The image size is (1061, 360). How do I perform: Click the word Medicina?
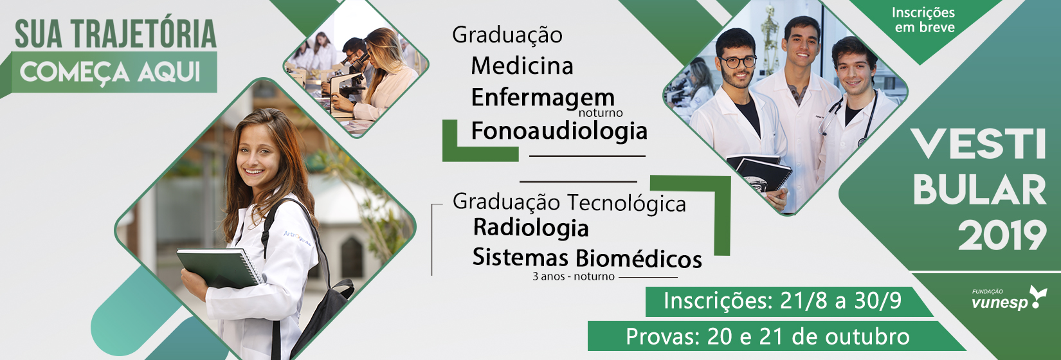522,66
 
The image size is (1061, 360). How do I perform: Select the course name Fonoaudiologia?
559,130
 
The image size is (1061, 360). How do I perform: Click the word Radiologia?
531,228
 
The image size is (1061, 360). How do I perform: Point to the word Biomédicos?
639,258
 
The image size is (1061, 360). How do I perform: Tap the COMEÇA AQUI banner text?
110,73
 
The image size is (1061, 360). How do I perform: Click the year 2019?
1002,235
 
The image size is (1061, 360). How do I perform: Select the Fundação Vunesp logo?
1008,298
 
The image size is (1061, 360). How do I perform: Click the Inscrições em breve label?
923,20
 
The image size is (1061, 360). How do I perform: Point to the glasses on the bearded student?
737,62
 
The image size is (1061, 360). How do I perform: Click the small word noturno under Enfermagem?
601,113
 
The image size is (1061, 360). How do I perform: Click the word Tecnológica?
626,203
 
